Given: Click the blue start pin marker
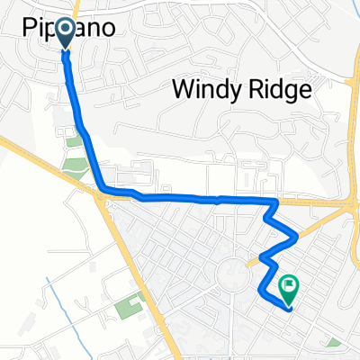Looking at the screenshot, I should [x=66, y=32].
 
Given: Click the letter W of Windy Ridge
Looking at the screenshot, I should [x=180, y=90].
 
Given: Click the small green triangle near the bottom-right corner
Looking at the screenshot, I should [x=335, y=342].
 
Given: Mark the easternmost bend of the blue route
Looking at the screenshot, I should [x=295, y=236].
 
